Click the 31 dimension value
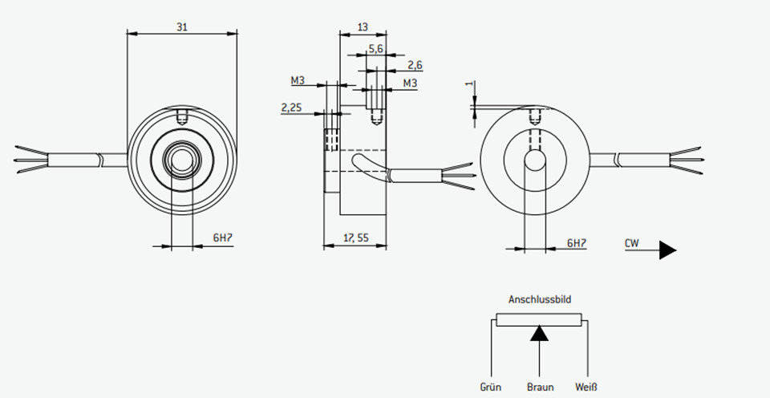[182, 27]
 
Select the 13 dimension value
[363, 27]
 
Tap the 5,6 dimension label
[375, 48]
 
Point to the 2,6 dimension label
[415, 65]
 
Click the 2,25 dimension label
[291, 107]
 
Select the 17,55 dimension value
[356, 238]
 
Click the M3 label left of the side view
[298, 80]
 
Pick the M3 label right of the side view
[410, 83]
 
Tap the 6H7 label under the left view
[222, 238]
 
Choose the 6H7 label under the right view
[577, 242]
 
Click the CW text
[632, 242]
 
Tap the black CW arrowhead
[667, 250]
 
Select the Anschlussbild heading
[540, 299]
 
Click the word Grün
[491, 388]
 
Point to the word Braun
[540, 388]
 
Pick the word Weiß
[586, 388]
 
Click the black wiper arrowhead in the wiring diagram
[539, 334]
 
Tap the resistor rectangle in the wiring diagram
[539, 320]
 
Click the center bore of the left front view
[182, 160]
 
